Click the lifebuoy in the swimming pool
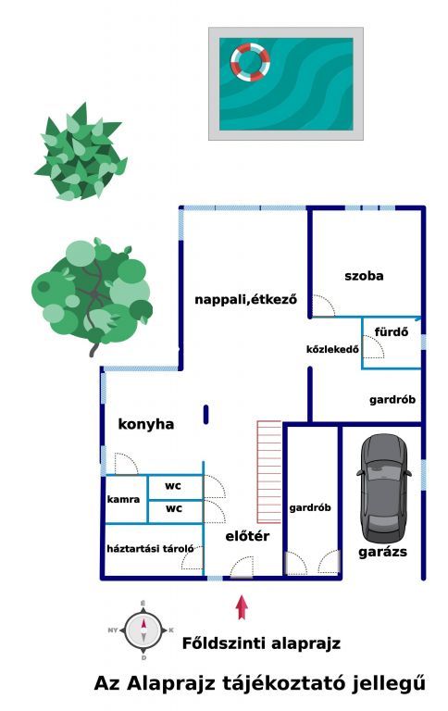click(250, 62)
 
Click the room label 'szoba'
click(364, 276)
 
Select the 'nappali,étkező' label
click(246, 299)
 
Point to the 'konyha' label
click(146, 424)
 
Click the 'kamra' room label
click(123, 499)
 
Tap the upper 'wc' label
click(173, 486)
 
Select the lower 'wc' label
click(174, 509)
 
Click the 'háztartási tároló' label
click(151, 549)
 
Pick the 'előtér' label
click(247, 536)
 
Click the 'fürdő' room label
click(392, 332)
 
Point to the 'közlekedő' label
click(333, 349)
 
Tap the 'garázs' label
click(382, 553)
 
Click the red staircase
click(269, 472)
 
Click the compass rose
click(143, 630)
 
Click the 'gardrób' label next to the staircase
click(310, 508)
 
